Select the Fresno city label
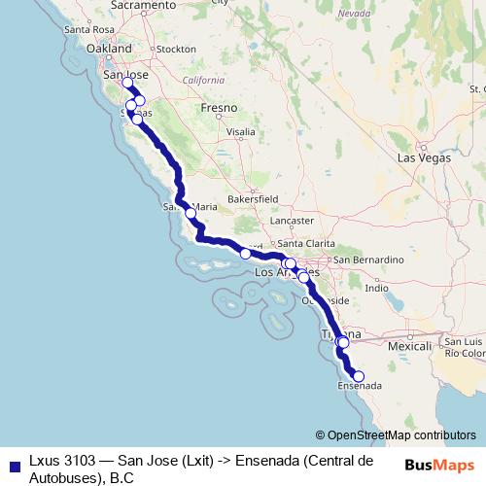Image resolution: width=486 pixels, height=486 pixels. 218,110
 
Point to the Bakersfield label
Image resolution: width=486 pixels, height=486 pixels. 253,198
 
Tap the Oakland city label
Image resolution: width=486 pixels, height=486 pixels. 109,48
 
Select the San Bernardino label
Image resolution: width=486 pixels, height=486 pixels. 367,260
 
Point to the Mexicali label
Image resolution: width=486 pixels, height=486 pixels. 409,346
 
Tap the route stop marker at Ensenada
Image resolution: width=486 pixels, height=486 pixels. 358,376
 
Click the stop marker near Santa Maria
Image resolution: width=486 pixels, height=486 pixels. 191,213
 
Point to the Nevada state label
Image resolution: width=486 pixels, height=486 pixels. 355,14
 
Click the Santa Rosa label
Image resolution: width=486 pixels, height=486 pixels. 89,29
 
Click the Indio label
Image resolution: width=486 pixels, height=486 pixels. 376,288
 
